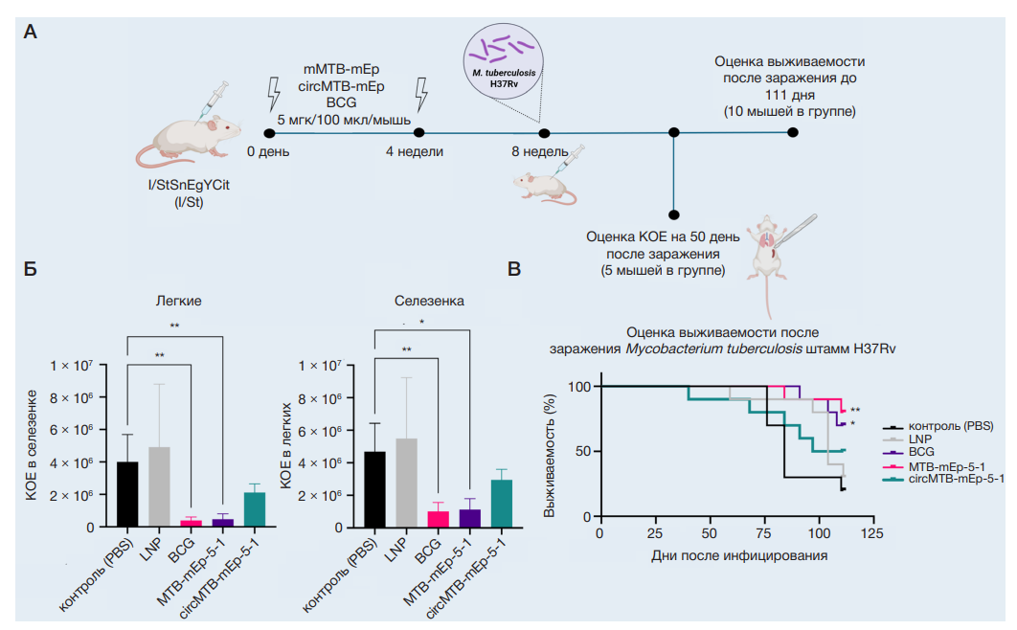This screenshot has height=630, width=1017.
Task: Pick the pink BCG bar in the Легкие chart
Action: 191,523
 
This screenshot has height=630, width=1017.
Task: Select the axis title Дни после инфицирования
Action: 738,554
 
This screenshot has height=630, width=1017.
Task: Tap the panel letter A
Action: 31,34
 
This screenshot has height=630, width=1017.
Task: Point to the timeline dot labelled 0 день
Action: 269,133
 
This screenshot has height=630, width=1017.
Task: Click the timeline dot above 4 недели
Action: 418,133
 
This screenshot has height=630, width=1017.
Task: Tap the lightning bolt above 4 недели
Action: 420,95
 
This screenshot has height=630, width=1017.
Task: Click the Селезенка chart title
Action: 430,301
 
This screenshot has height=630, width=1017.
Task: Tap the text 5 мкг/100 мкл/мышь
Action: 344,119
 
